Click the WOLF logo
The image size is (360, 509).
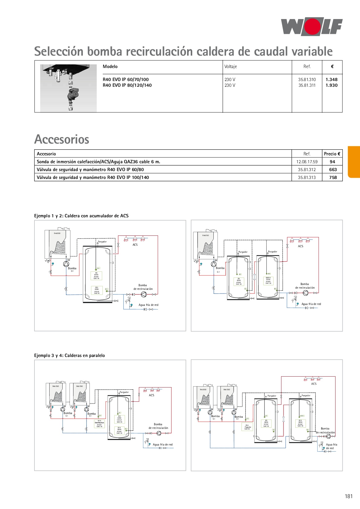(x=312, y=27)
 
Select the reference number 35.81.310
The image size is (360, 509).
(x=307, y=79)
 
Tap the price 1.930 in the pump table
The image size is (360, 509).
(x=332, y=85)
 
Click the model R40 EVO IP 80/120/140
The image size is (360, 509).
(x=127, y=85)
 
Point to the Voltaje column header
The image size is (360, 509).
(x=231, y=66)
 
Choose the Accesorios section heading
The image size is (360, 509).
(x=62, y=139)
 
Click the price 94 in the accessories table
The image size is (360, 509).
(x=332, y=162)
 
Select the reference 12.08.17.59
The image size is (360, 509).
(x=307, y=162)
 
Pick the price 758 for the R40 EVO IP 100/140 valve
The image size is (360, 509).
(x=333, y=177)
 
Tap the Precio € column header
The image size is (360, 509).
(x=332, y=154)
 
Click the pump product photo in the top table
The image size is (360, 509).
(x=68, y=88)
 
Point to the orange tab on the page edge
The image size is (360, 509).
(x=354, y=162)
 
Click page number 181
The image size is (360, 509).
(x=349, y=496)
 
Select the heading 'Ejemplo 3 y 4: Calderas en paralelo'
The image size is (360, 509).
(x=70, y=355)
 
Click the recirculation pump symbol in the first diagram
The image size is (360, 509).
(x=144, y=294)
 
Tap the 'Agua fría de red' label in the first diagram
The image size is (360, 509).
(x=148, y=305)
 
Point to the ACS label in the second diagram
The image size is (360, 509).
(x=300, y=246)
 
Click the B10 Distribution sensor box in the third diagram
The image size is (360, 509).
(x=99, y=423)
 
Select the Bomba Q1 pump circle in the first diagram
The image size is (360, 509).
(x=66, y=264)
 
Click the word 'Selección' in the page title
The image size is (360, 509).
(x=59, y=51)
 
